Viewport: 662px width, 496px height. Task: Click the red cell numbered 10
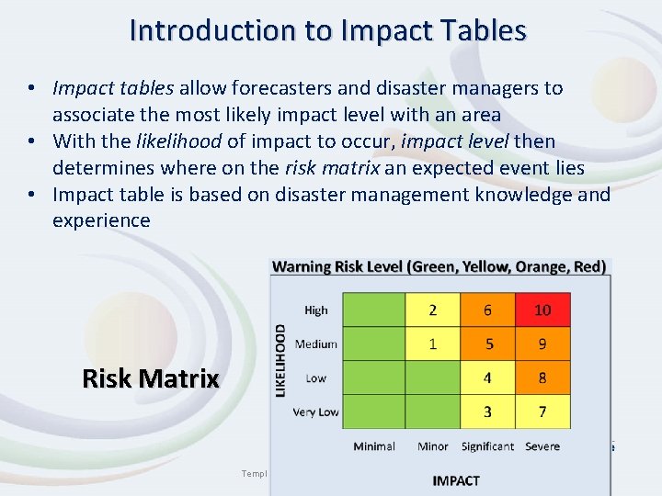click(542, 310)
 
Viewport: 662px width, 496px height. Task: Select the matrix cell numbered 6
click(487, 310)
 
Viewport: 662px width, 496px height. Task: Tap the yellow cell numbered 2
click(432, 310)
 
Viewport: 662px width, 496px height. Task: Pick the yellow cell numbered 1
click(432, 344)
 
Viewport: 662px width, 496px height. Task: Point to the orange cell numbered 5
click(487, 344)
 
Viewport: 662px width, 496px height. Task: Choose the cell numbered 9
click(542, 344)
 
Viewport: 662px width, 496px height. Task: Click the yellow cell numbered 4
click(487, 378)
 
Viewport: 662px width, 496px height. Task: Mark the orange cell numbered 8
click(542, 378)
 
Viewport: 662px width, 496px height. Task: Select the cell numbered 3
click(487, 411)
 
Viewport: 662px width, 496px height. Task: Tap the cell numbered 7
click(542, 411)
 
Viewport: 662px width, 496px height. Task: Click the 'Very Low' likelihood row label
click(315, 412)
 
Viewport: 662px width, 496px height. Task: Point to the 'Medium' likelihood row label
click(315, 344)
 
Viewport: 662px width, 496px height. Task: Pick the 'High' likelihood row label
click(315, 310)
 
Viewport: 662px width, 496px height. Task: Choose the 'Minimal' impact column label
click(374, 446)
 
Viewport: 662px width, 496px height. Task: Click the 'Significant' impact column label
click(487, 446)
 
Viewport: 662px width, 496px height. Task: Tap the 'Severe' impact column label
click(542, 446)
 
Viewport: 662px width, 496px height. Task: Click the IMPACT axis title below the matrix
click(456, 479)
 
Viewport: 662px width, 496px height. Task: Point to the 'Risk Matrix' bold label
click(150, 378)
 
